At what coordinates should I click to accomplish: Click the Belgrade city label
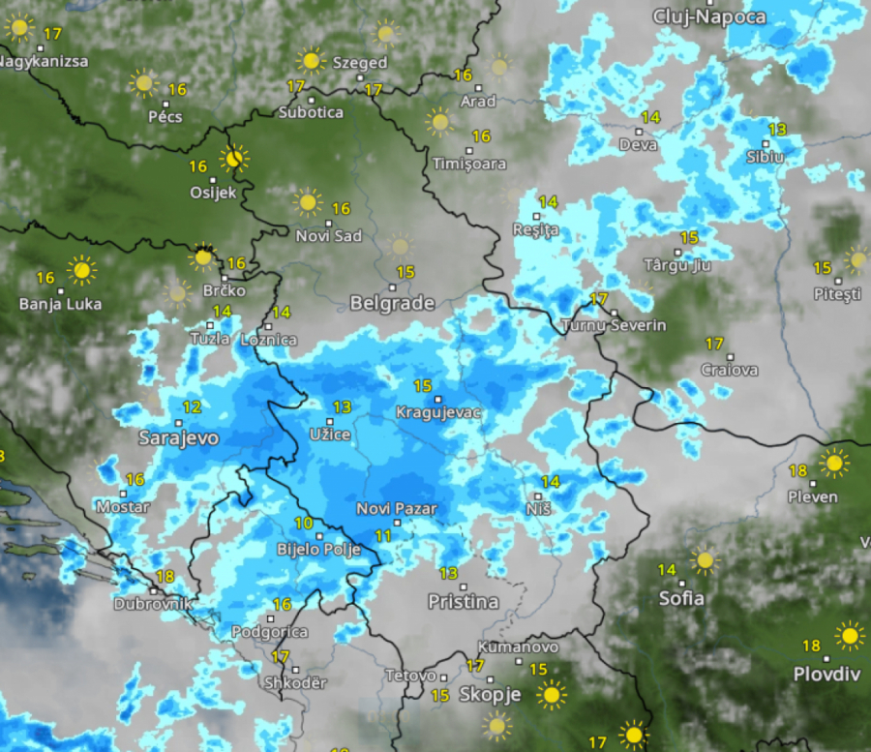click(392, 303)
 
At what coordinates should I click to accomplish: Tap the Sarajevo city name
click(178, 437)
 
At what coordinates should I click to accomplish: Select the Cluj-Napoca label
click(709, 16)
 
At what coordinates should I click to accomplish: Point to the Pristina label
click(464, 602)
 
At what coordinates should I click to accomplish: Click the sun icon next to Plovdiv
click(850, 636)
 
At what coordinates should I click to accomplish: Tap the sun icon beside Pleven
click(833, 463)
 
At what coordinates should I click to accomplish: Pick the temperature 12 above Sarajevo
click(192, 407)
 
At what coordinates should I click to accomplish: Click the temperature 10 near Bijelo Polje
click(304, 524)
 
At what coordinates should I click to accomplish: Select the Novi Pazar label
click(397, 508)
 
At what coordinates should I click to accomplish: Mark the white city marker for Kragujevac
click(437, 399)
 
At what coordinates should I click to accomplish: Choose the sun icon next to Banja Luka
click(81, 270)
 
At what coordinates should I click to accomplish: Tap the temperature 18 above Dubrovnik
click(165, 577)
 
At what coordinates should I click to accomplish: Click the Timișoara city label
click(470, 164)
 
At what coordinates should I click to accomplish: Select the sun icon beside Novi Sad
click(308, 202)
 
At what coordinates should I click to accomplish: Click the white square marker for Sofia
click(682, 584)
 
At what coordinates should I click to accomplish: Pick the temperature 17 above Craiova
click(714, 344)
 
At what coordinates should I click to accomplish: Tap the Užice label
click(329, 435)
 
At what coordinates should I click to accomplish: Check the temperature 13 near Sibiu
click(777, 129)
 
